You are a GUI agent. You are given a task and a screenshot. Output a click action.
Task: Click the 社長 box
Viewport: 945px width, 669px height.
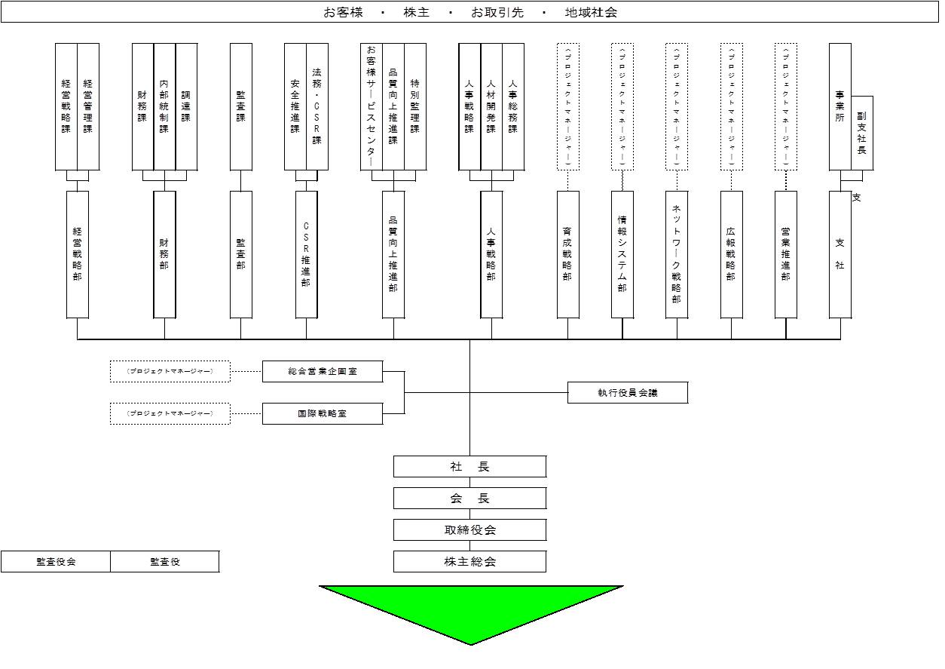click(469, 467)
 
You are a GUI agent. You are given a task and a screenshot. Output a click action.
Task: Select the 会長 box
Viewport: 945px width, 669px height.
click(469, 499)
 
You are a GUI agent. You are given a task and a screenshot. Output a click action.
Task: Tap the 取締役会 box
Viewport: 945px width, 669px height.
click(469, 530)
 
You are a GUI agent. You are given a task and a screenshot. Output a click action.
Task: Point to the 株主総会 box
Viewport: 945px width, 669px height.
click(469, 562)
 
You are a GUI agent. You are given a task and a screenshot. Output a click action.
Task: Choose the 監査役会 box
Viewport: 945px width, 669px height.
click(56, 562)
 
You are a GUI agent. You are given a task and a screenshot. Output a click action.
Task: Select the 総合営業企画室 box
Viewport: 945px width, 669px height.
click(323, 372)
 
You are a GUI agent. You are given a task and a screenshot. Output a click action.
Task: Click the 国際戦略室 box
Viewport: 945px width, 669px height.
click(323, 414)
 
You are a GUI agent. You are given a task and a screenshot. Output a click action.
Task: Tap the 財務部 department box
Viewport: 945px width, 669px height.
click(164, 254)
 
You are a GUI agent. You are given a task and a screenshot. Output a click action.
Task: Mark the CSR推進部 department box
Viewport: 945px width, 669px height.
click(306, 254)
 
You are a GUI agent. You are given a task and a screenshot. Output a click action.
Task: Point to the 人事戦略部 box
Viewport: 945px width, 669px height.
click(491, 254)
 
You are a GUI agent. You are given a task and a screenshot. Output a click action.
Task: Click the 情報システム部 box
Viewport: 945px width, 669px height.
click(622, 254)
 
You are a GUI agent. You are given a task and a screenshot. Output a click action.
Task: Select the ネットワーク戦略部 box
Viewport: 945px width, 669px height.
click(677, 254)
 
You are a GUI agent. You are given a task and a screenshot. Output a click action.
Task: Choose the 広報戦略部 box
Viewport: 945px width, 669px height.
click(731, 254)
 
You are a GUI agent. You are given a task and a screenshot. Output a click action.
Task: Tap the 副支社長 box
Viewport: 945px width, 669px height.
click(862, 133)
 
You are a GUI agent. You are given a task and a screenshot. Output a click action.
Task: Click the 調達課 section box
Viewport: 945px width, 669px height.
click(186, 106)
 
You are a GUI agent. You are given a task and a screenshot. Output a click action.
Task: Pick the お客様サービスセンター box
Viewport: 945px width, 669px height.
click(371, 106)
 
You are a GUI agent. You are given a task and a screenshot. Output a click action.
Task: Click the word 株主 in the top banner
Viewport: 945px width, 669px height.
click(417, 13)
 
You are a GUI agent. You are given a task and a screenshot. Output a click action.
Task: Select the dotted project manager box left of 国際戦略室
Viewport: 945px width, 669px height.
click(170, 414)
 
